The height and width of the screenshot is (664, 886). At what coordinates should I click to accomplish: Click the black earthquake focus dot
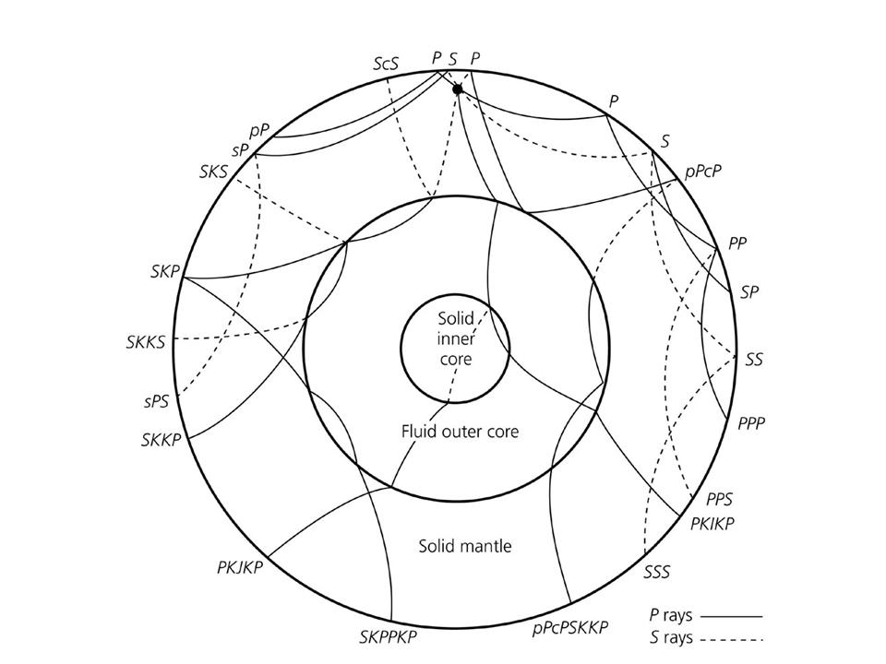(458, 89)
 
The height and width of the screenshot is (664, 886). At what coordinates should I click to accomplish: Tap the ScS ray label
(386, 64)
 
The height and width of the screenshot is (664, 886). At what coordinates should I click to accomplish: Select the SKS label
(213, 172)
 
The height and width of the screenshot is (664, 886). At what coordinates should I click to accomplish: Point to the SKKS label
(146, 342)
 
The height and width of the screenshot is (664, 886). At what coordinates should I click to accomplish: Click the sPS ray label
(156, 402)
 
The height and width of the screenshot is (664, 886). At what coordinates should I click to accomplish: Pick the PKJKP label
(240, 566)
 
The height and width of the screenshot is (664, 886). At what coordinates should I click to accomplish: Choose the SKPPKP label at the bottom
(389, 637)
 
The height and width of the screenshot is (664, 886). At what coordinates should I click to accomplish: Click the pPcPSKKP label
(570, 627)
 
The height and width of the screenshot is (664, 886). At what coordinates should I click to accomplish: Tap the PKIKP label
(712, 524)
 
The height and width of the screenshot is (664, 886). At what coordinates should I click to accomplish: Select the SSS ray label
(656, 572)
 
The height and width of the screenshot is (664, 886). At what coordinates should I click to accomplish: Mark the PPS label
(719, 499)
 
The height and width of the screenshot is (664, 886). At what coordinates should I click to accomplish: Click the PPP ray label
(751, 423)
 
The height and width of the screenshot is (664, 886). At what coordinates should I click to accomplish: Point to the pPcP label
(703, 172)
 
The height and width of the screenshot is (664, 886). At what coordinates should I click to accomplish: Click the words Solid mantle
(465, 546)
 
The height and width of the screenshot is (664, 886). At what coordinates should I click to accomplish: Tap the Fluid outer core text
(460, 432)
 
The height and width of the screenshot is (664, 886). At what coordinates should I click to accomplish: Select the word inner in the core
(456, 339)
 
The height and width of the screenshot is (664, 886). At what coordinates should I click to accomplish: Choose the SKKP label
(162, 440)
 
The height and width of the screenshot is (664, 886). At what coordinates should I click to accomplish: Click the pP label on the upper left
(258, 132)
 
